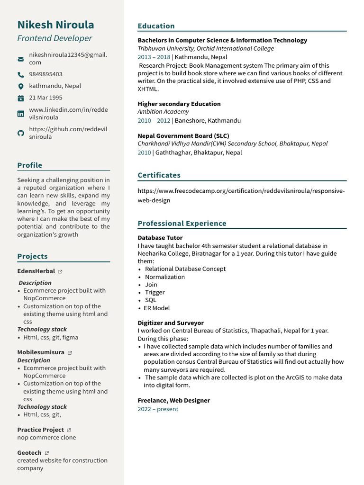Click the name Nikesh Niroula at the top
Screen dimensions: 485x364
click(x=55, y=25)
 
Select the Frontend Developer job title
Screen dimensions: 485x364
click(x=55, y=38)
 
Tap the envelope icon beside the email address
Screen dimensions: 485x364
click(x=20, y=59)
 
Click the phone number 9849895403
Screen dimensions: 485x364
click(x=45, y=74)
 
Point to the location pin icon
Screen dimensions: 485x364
click(x=20, y=86)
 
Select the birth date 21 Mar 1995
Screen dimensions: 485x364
click(x=45, y=98)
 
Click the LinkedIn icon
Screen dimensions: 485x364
click(x=20, y=114)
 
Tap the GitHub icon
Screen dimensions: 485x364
click(x=20, y=133)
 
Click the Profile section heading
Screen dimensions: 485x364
click(x=30, y=165)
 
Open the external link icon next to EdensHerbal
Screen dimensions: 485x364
click(x=60, y=271)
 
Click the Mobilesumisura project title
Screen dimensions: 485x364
click(x=41, y=352)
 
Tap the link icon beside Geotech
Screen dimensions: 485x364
click(x=46, y=453)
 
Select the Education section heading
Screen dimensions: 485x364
click(x=156, y=26)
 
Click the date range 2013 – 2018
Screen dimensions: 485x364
click(x=154, y=57)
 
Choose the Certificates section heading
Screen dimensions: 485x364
click(x=159, y=175)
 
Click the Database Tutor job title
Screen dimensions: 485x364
click(x=160, y=238)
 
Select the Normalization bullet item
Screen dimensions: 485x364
click(x=164, y=277)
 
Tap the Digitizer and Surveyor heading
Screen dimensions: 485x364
click(x=171, y=323)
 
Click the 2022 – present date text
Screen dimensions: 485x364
click(x=158, y=409)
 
